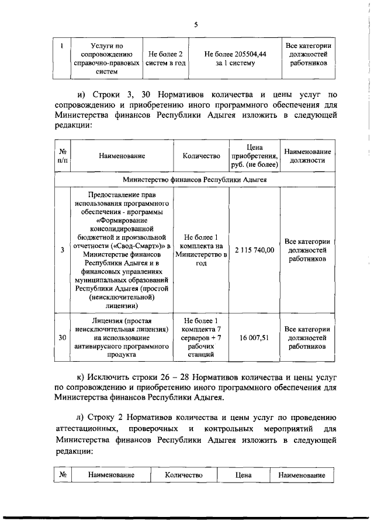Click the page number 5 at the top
196,24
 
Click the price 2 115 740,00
254,250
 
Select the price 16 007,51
254,338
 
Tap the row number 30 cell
63,338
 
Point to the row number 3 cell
63,250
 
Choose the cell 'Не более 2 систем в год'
165,58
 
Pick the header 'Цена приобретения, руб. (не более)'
254,156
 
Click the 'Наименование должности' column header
307,156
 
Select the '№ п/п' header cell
63,156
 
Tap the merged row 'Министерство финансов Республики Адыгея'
195,180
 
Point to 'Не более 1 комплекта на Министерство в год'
200,250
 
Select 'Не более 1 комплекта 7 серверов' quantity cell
200,338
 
